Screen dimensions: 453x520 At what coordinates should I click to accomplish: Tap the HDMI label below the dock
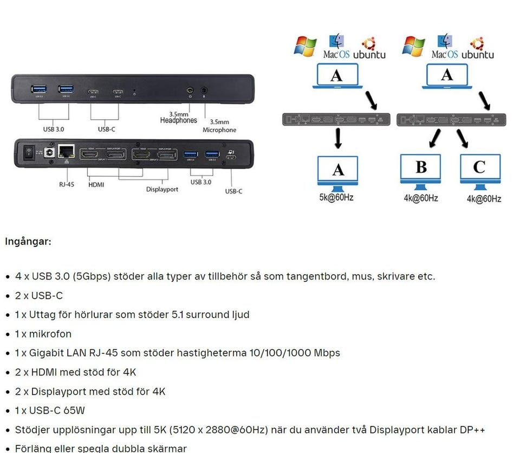[x=96, y=184]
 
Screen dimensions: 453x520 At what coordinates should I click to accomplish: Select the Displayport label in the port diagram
[x=162, y=189]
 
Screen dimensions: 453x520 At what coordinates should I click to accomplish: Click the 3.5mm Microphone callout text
[x=219, y=126]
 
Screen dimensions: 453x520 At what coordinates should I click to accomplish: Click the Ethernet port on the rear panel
[x=67, y=152]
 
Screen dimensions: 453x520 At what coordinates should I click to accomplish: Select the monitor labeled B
[x=421, y=169]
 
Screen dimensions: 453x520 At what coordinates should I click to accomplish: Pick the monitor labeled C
[x=480, y=169]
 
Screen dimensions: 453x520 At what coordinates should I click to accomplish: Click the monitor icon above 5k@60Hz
[x=338, y=171]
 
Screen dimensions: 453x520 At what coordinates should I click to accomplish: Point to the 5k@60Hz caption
[x=336, y=197]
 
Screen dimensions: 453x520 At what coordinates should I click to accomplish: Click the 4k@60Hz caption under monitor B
[x=421, y=198]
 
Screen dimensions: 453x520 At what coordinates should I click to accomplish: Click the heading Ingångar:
[x=28, y=241]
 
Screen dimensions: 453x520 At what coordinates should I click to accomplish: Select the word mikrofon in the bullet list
[x=50, y=334]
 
